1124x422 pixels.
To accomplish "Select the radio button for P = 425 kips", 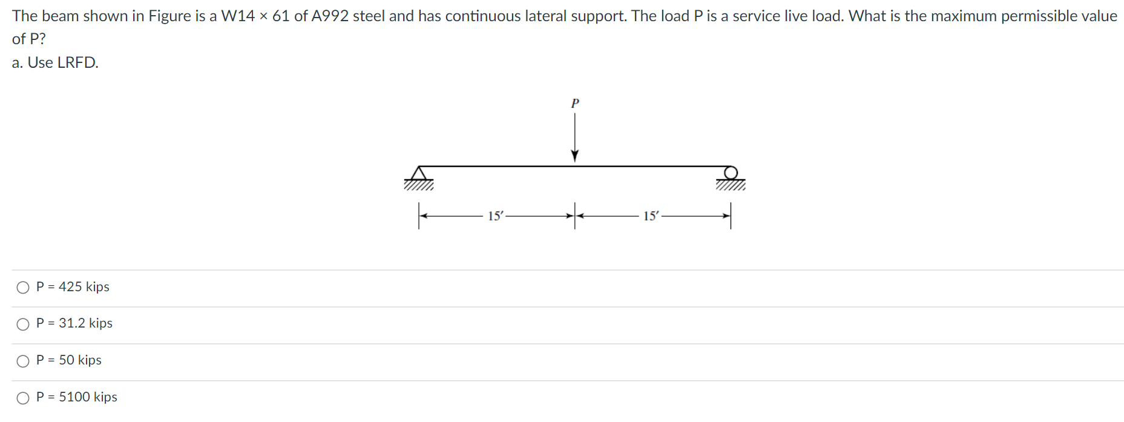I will (23, 288).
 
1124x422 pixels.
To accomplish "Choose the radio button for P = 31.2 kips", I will (23, 325).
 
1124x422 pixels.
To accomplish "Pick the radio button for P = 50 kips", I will (23, 361).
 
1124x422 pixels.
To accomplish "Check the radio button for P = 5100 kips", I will (23, 398).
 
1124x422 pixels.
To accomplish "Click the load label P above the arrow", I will (575, 104).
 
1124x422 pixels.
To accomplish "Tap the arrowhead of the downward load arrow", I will (575, 156).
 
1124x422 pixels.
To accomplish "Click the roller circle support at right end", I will (731, 173).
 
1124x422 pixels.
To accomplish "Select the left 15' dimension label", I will (496, 216).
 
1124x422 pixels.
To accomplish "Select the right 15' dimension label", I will (651, 216).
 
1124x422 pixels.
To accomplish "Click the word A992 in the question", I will (330, 16).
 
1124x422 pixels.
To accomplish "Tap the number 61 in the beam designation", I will (281, 16).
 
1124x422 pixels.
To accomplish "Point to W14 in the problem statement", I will (238, 16).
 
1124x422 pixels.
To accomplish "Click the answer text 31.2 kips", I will (85, 323).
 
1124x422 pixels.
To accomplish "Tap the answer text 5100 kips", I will (88, 397).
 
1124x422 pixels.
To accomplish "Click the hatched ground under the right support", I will (731, 186).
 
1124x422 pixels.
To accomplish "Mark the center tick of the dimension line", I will (575, 216).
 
